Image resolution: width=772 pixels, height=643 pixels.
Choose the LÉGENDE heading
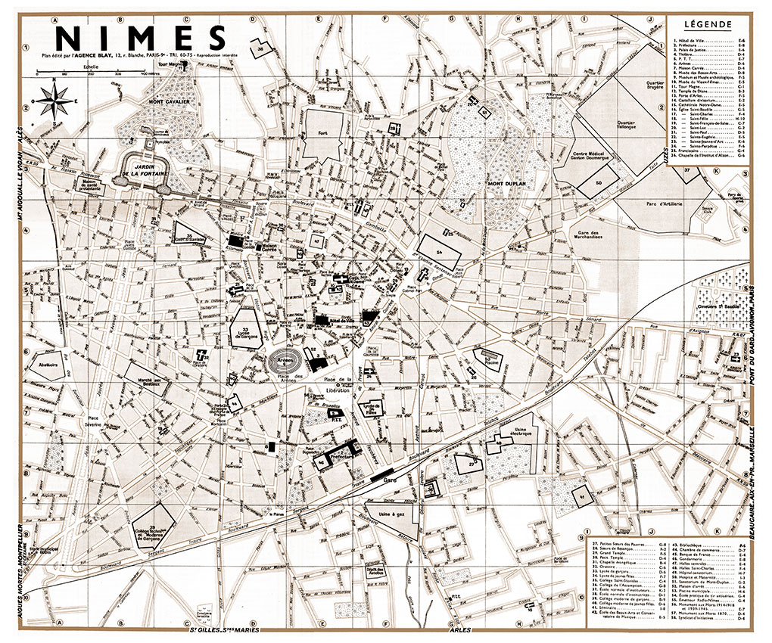[x=707, y=24]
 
